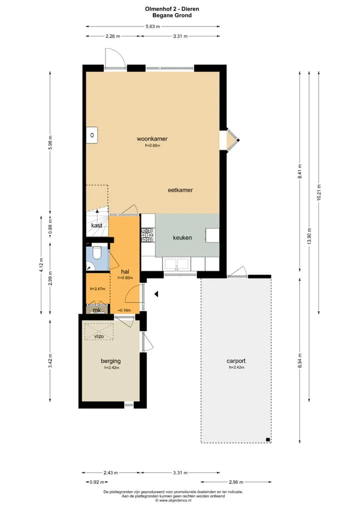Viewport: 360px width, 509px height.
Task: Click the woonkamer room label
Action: click(x=152, y=138)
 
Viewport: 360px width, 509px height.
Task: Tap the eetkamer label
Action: click(x=180, y=190)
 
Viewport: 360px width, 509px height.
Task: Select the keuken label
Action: click(x=182, y=237)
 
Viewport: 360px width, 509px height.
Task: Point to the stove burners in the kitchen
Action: click(x=148, y=235)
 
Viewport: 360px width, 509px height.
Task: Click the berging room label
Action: click(x=110, y=361)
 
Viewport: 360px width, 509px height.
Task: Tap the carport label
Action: click(x=236, y=360)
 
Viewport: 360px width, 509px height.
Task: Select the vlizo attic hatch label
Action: click(x=99, y=336)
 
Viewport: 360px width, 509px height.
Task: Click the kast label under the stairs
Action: click(x=96, y=225)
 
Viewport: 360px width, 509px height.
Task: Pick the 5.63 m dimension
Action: click(x=152, y=26)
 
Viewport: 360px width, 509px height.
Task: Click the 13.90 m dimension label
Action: click(x=309, y=236)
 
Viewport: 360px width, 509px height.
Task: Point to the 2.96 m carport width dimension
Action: click(x=236, y=482)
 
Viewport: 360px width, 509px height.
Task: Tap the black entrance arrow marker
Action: click(x=156, y=294)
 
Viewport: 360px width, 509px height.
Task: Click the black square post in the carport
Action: click(x=268, y=439)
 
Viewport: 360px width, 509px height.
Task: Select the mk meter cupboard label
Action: click(x=96, y=310)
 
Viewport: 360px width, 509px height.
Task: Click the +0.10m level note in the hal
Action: click(x=124, y=310)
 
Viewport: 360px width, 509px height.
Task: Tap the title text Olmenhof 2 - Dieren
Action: click(x=172, y=9)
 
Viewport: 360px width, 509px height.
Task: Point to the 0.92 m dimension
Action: click(x=96, y=482)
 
